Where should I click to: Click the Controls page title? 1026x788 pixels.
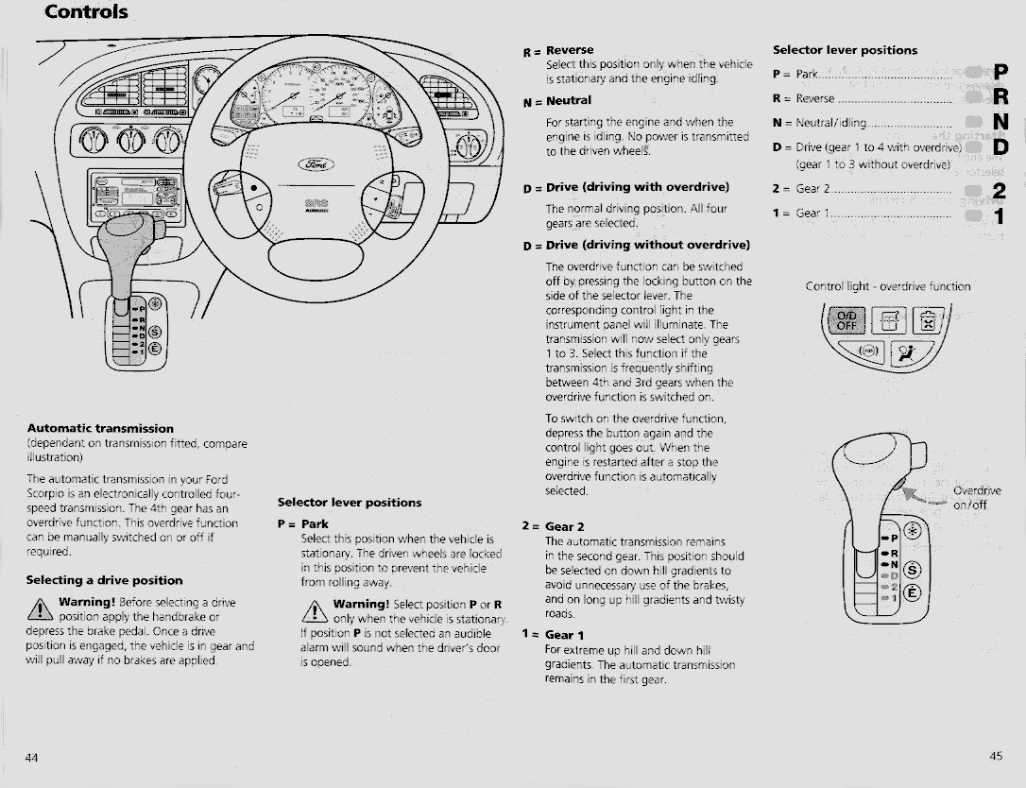click(x=86, y=12)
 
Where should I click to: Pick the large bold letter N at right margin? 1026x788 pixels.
click(x=1001, y=122)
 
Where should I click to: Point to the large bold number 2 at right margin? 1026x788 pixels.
click(x=1000, y=191)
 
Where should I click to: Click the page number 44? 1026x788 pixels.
click(x=32, y=757)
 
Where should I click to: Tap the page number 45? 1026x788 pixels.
click(x=996, y=756)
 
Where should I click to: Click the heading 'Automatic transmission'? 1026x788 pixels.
click(x=100, y=428)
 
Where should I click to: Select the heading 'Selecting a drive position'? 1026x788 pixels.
click(x=104, y=580)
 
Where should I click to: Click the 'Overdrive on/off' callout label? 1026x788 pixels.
click(x=976, y=498)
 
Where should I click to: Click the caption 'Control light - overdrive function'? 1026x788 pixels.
click(x=887, y=286)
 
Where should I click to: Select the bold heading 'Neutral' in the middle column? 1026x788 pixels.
click(x=568, y=100)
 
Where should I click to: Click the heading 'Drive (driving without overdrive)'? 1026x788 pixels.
click(x=648, y=246)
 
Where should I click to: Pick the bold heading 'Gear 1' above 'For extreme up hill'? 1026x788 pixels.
click(x=564, y=635)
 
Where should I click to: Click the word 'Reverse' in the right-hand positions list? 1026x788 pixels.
click(x=815, y=98)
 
